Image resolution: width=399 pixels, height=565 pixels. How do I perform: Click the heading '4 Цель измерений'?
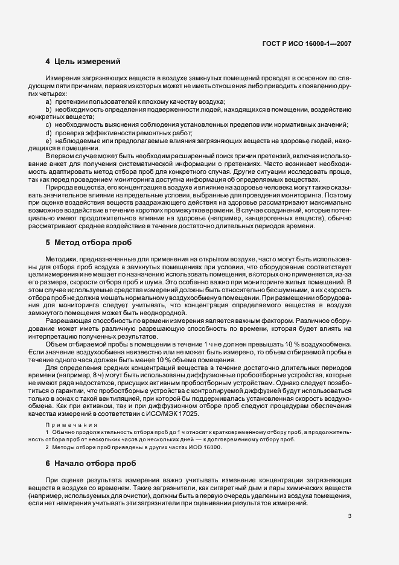(83, 62)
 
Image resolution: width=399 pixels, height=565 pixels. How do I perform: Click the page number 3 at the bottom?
(350, 516)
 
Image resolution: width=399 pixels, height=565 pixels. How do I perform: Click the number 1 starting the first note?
(47, 433)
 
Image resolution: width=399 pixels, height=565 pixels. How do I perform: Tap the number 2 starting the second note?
(47, 447)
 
